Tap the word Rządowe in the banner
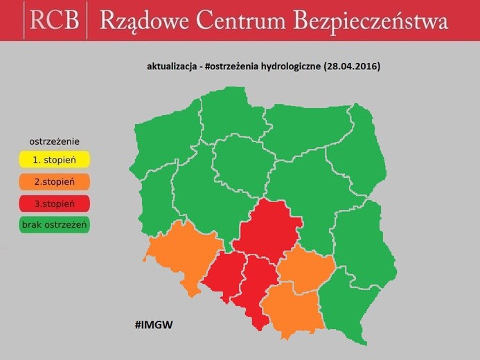tap(143, 21)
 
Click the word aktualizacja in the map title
tap(170, 67)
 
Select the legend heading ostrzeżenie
tap(54, 141)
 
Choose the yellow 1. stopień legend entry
tap(54, 161)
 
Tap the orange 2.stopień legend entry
tap(54, 182)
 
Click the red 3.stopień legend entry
tap(54, 204)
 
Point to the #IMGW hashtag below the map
tap(154, 324)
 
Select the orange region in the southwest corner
tap(182, 253)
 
